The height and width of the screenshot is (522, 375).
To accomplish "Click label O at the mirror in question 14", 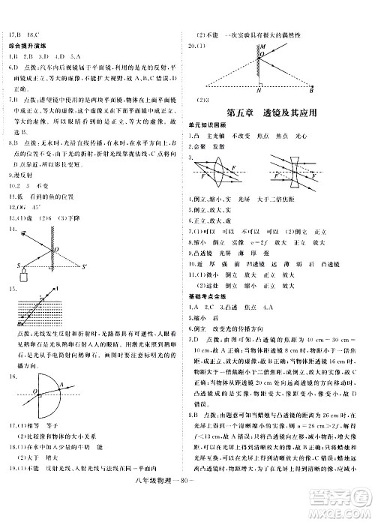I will (x=55, y=247).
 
